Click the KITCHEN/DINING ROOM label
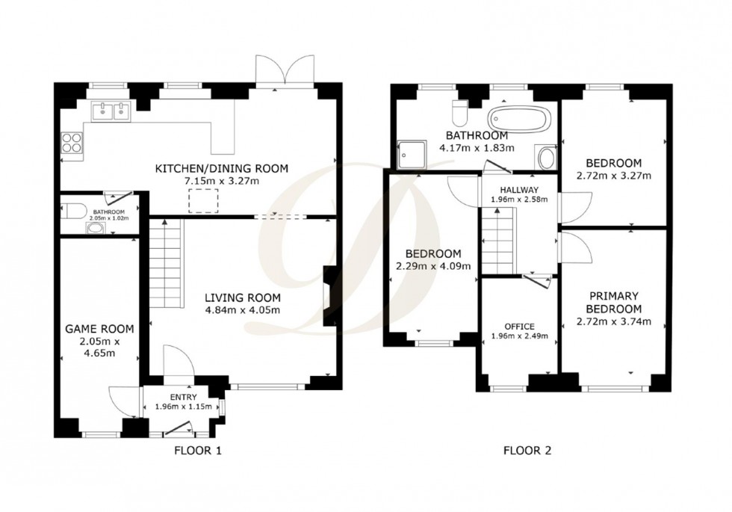220,168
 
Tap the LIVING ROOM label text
243,297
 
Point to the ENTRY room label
184,397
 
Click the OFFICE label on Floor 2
519,326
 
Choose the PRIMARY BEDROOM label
613,302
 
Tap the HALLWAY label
519,189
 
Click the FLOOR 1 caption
198,450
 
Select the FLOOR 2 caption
527,450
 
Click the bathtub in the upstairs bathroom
521,118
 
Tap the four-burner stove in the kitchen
72,141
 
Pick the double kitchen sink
111,112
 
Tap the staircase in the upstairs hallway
497,241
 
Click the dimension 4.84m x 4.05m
243,310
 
